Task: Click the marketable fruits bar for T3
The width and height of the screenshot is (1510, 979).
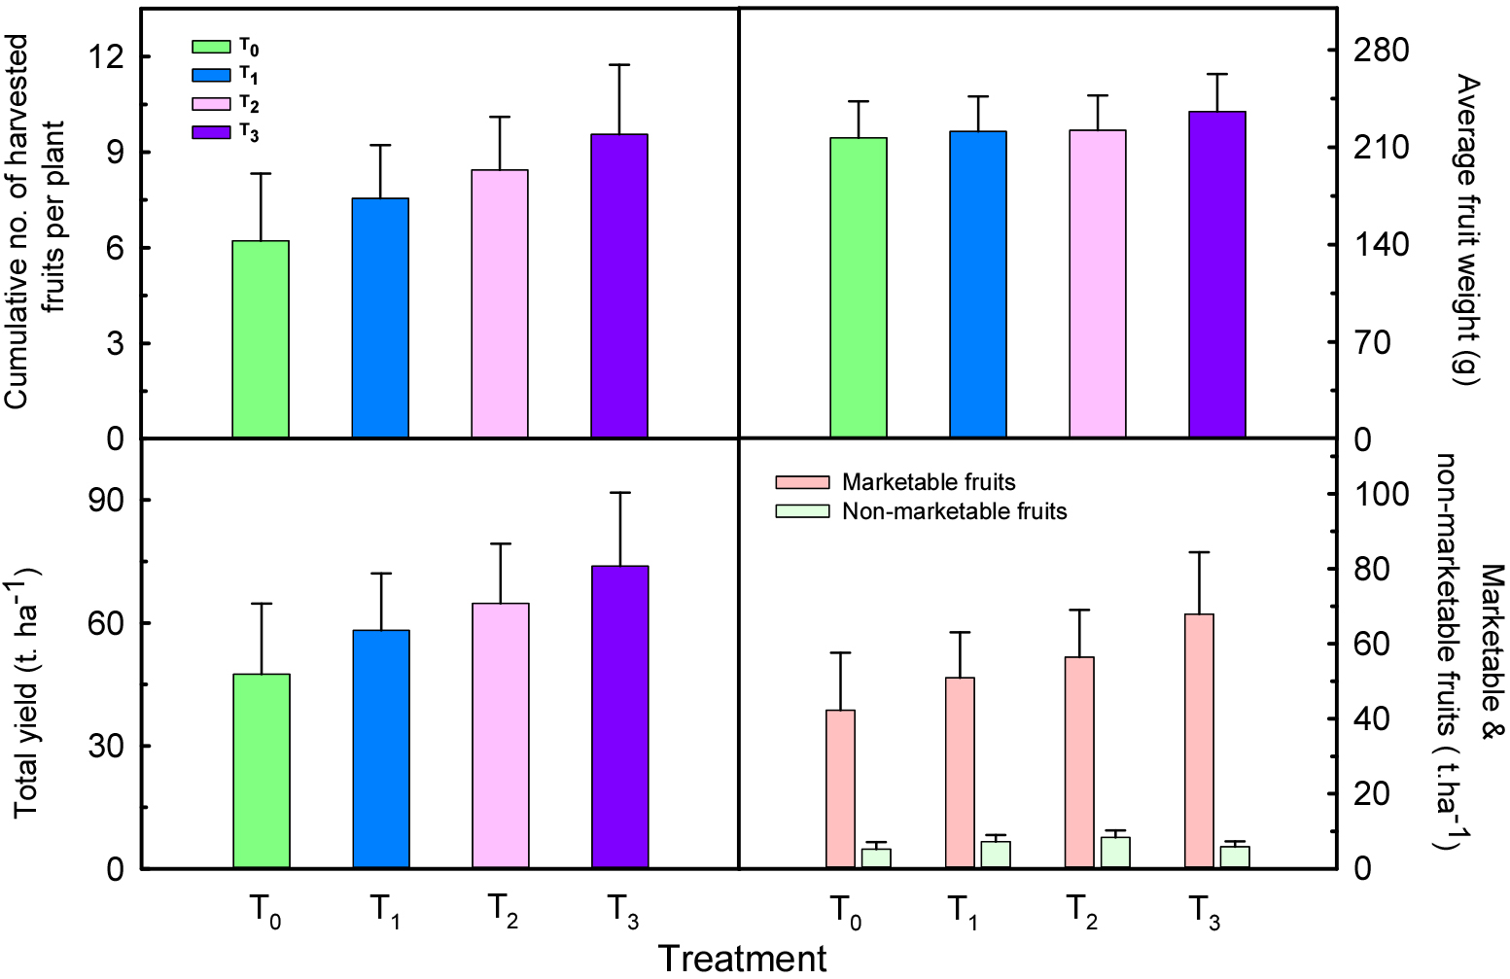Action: tap(1199, 740)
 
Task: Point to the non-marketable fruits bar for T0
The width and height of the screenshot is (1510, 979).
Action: tap(876, 857)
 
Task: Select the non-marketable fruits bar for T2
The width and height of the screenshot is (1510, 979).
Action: tap(1115, 852)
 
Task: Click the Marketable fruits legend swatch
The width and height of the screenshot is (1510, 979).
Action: tap(802, 482)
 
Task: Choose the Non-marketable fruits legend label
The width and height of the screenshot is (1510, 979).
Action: tap(954, 511)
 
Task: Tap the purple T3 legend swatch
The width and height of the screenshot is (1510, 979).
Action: tap(211, 132)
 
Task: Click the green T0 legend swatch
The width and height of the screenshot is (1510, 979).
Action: tap(211, 47)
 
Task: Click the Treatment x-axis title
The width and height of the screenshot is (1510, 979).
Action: tap(743, 959)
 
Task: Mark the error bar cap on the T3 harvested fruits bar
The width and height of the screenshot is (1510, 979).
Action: tap(619, 65)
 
